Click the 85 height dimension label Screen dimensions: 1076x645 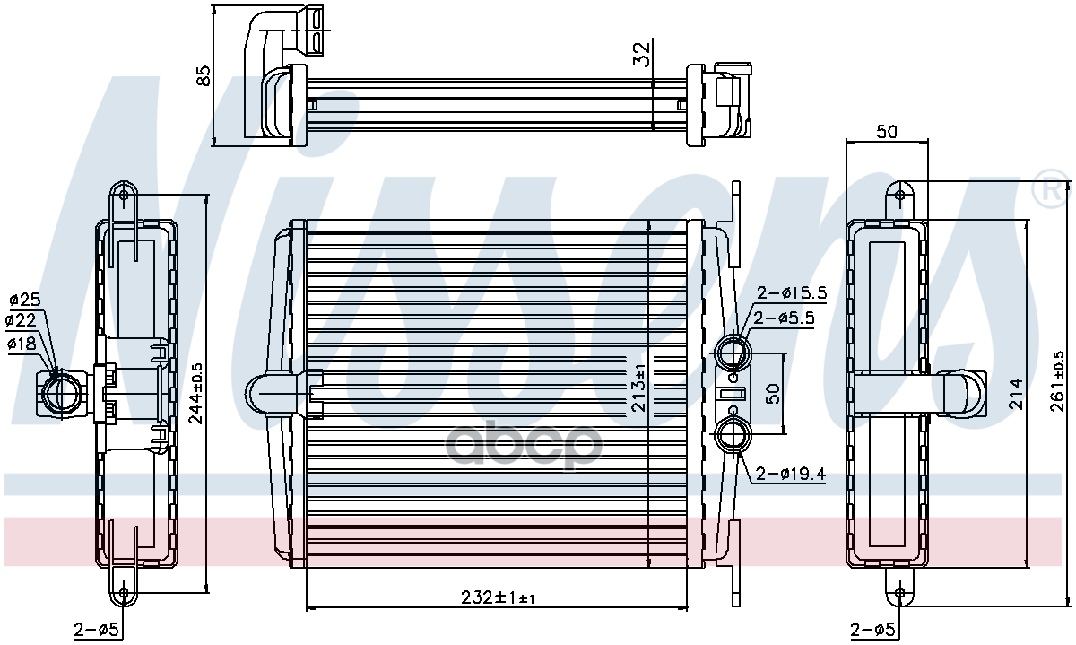click(x=204, y=75)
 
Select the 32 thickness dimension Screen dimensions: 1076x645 click(x=641, y=54)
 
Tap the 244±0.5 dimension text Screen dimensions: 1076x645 click(x=195, y=394)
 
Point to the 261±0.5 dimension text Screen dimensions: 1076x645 click(x=1058, y=381)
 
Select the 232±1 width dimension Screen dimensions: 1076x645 click(x=498, y=597)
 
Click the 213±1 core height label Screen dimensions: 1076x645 click(x=638, y=388)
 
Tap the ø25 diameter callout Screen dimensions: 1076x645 click(x=25, y=300)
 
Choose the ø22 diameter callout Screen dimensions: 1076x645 click(x=21, y=320)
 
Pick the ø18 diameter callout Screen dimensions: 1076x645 click(x=22, y=344)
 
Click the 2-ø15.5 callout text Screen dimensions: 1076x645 click(x=792, y=292)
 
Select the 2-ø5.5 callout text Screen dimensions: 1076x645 click(x=784, y=318)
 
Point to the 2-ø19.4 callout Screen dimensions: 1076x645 click(x=791, y=475)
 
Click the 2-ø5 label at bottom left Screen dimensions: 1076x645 click(x=96, y=629)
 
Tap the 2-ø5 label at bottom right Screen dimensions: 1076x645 click(x=872, y=629)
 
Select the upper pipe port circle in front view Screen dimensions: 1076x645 click(x=733, y=352)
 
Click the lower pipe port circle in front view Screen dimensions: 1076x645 click(x=733, y=435)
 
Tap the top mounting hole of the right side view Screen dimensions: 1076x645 click(x=899, y=196)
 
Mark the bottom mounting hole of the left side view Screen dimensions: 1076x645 click(x=124, y=594)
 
